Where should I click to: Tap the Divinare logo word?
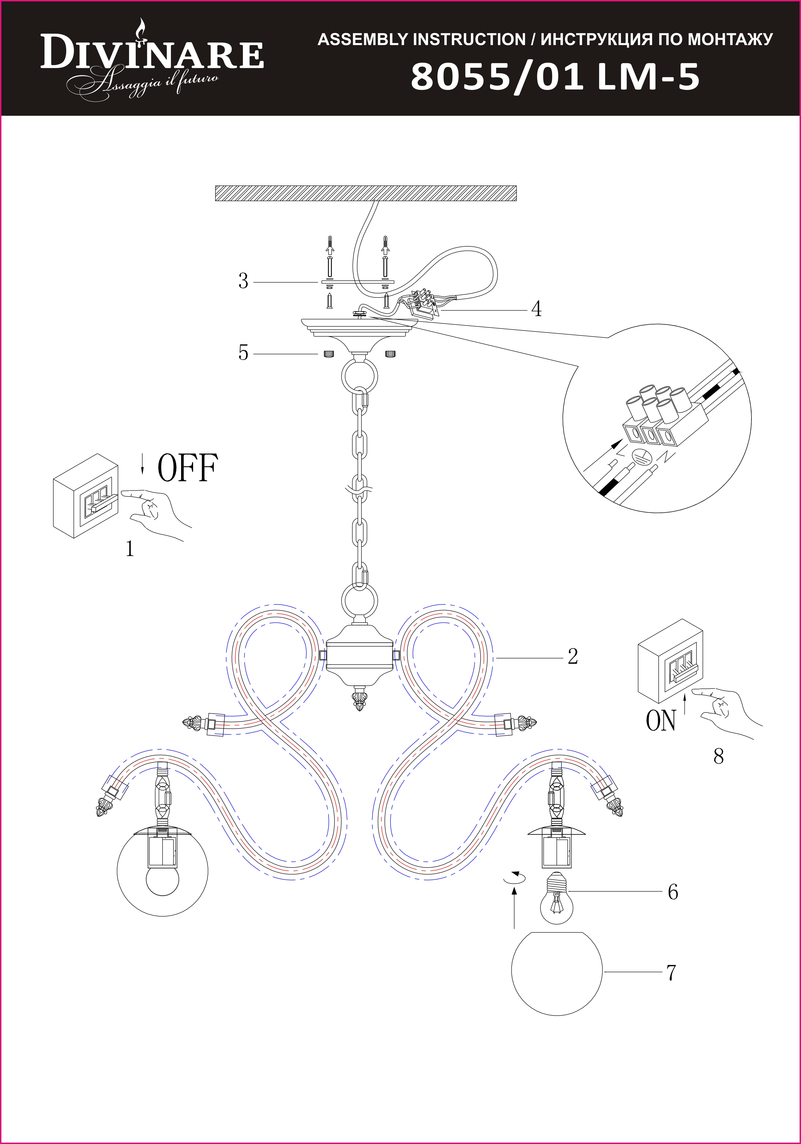pos(152,53)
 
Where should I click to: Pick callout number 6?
pos(673,892)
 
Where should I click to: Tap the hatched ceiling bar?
pos(366,193)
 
